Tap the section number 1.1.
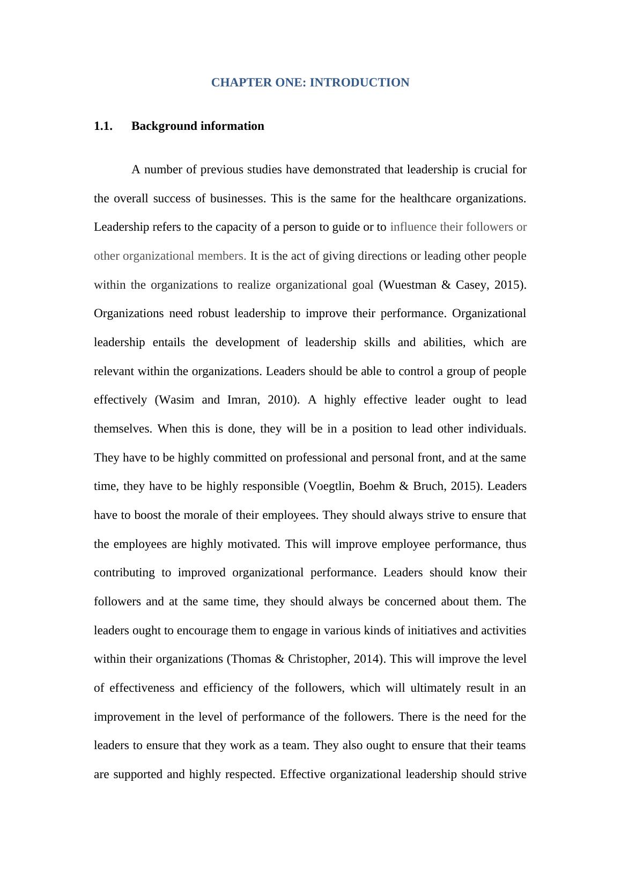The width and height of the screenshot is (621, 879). [103, 126]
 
